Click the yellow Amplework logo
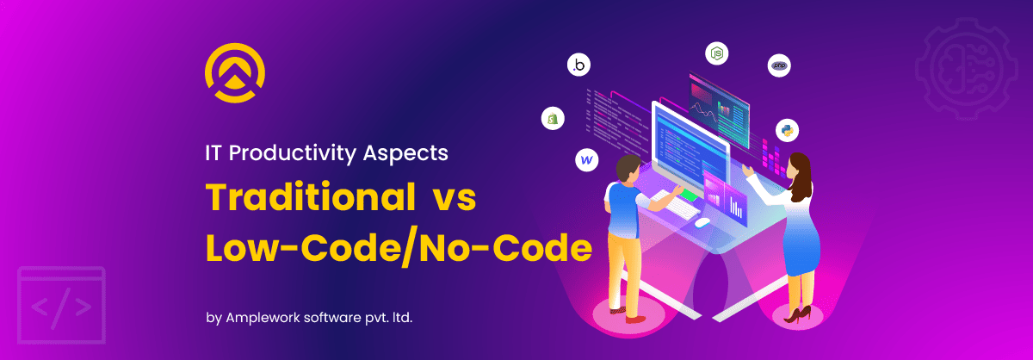pyautogui.click(x=235, y=72)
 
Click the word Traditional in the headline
pyautogui.click(x=311, y=197)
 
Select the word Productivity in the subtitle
pyautogui.click(x=293, y=153)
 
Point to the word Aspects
pyautogui.click(x=405, y=153)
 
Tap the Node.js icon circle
pyautogui.click(x=716, y=53)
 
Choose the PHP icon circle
pyautogui.click(x=779, y=65)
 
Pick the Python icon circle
pyautogui.click(x=787, y=130)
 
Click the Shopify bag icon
pyautogui.click(x=553, y=119)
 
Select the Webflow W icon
pyautogui.click(x=586, y=160)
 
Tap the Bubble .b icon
pyautogui.click(x=578, y=65)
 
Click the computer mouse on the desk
pyautogui.click(x=702, y=222)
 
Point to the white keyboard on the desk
pyautogui.click(x=676, y=205)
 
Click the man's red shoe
pyautogui.click(x=635, y=319)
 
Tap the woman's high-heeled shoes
pyautogui.click(x=797, y=314)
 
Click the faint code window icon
pyautogui.click(x=61, y=305)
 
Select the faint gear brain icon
pyautogui.click(x=967, y=69)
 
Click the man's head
pyautogui.click(x=628, y=169)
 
